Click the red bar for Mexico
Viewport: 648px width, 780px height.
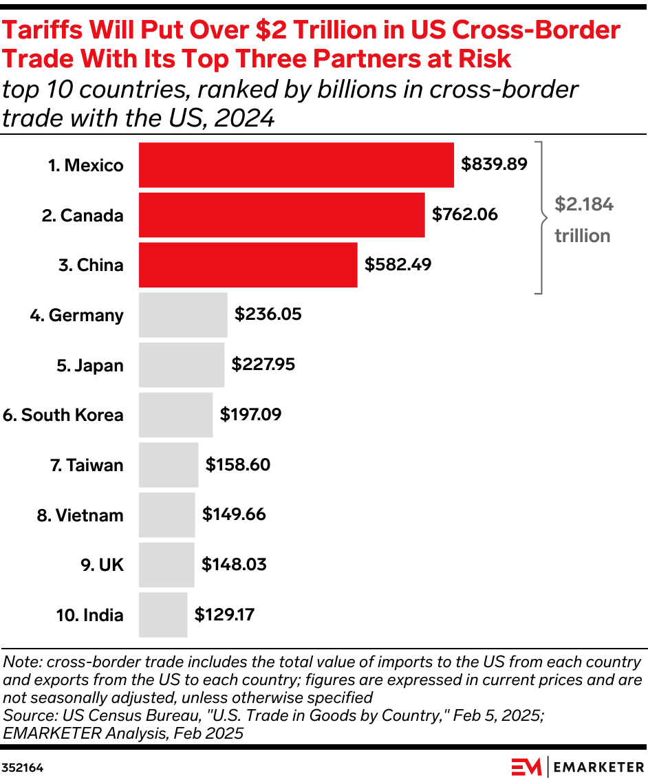pos(296,165)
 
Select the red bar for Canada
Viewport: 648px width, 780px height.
pos(281,215)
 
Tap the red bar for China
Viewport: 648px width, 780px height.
pos(248,265)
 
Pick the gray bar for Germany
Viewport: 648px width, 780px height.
pos(183,315)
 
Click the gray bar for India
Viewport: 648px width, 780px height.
pos(163,614)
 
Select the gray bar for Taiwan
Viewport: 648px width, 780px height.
pos(169,465)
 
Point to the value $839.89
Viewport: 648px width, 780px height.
pos(494,164)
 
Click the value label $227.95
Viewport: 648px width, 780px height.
pos(263,365)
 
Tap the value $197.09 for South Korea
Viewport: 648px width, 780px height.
pos(250,415)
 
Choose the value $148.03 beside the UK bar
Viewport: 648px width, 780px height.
pos(234,565)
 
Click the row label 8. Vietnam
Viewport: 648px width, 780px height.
pos(80,515)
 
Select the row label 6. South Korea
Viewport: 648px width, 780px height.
pos(63,415)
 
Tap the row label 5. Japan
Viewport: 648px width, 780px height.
pos(90,365)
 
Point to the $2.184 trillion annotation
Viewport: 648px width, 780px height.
pos(583,220)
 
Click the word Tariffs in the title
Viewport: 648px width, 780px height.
pos(47,31)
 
